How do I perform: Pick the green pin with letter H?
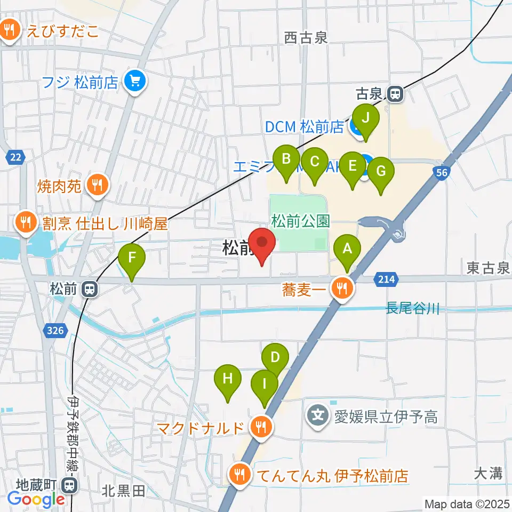228,380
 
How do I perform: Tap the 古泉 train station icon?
395,94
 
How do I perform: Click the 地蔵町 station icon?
69,486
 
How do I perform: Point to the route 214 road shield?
387,277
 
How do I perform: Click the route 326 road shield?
55,331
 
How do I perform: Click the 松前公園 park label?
301,219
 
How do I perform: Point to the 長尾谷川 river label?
413,308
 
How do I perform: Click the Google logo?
36,500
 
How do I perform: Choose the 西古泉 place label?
306,37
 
